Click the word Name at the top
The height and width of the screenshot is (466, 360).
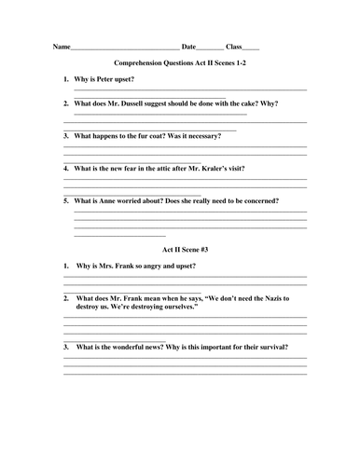[61, 46]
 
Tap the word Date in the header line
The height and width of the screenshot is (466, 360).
[188, 46]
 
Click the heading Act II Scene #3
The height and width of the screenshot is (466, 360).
[180, 249]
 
